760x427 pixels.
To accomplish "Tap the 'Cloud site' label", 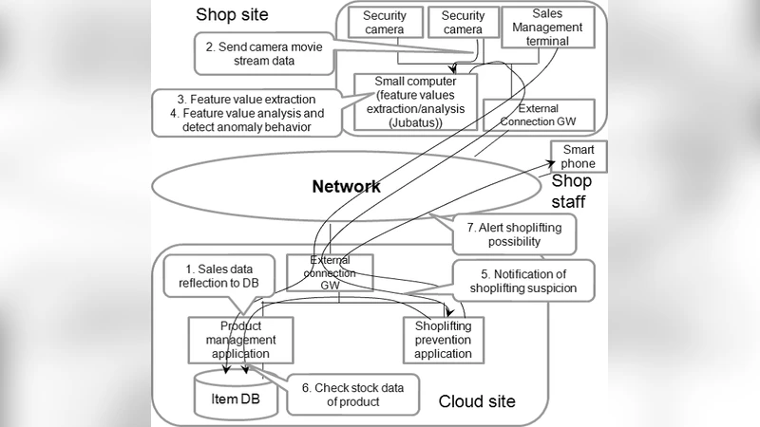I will click(476, 401).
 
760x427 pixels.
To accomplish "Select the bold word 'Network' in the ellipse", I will click(346, 186).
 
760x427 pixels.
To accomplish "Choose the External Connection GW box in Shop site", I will click(538, 115).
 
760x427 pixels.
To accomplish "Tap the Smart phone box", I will click(578, 157).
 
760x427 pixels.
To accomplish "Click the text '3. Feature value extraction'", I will click(246, 98).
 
